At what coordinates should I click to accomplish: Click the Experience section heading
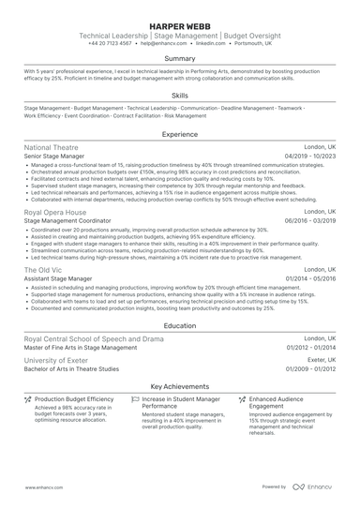(180, 135)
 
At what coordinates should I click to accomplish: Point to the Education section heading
(180, 325)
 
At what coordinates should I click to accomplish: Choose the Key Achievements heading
(180, 386)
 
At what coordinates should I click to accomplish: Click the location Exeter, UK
(319, 360)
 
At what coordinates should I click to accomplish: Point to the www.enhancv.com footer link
(43, 487)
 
